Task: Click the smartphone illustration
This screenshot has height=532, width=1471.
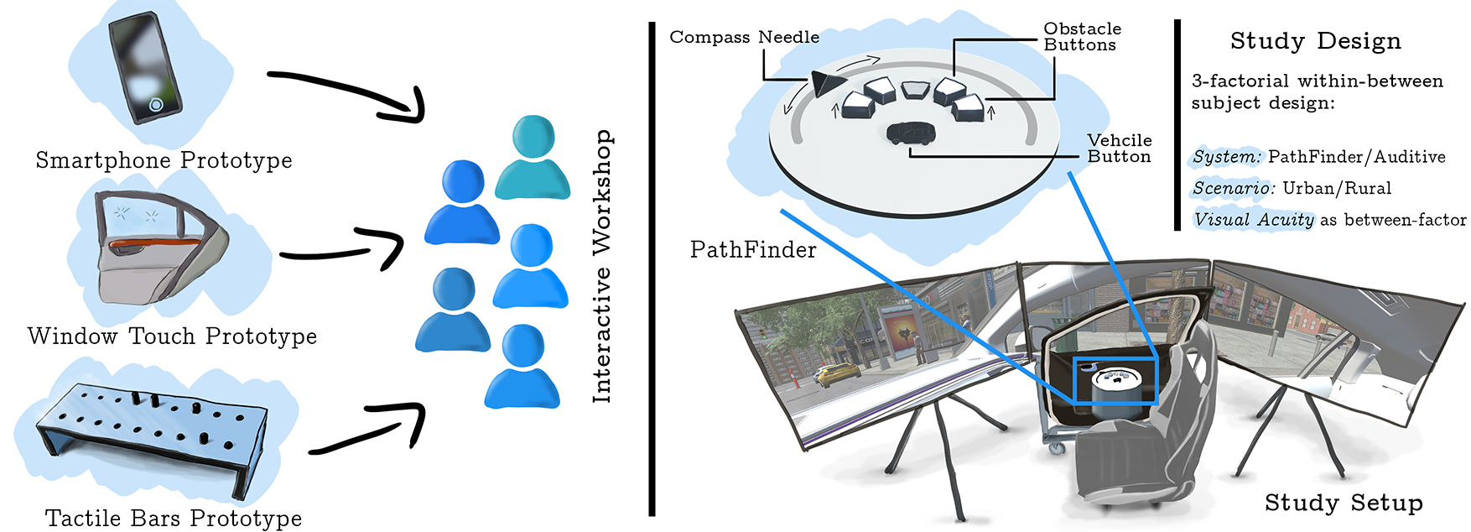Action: coord(146,67)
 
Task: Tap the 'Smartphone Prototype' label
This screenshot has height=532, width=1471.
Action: coord(164,160)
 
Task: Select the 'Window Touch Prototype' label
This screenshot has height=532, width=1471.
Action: coord(172,336)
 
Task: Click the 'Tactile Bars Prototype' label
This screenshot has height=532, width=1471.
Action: coord(173,519)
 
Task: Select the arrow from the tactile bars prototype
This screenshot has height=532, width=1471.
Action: coord(369,428)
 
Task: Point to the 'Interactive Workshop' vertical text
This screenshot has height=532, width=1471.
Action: coord(602,267)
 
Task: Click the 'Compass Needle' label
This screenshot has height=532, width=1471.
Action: coord(744,37)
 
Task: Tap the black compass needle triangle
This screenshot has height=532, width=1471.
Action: coord(826,83)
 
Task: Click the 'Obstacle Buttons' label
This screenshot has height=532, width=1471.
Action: coord(1081,37)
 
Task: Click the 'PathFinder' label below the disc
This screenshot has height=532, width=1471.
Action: coord(752,250)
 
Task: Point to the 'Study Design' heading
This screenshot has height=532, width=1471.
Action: coord(1315,41)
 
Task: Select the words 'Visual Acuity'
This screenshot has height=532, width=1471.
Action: coord(1253,220)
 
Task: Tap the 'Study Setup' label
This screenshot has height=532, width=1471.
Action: coord(1343,503)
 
